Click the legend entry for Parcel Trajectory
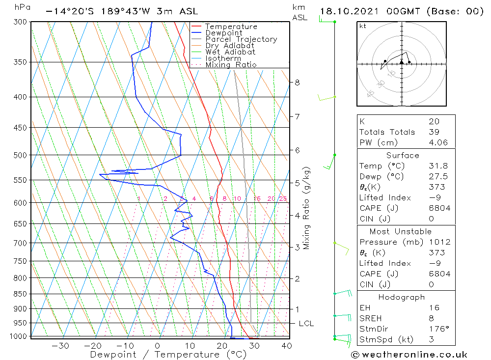click(241, 39)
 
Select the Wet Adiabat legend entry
click(230, 52)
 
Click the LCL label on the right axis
click(306, 324)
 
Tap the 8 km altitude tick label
click(297, 83)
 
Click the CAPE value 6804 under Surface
click(439, 208)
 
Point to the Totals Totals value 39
click(434, 132)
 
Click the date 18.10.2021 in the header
click(349, 11)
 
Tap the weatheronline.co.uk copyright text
click(409, 355)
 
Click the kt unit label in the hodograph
click(363, 26)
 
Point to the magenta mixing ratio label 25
click(283, 198)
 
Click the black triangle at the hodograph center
click(402, 62)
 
